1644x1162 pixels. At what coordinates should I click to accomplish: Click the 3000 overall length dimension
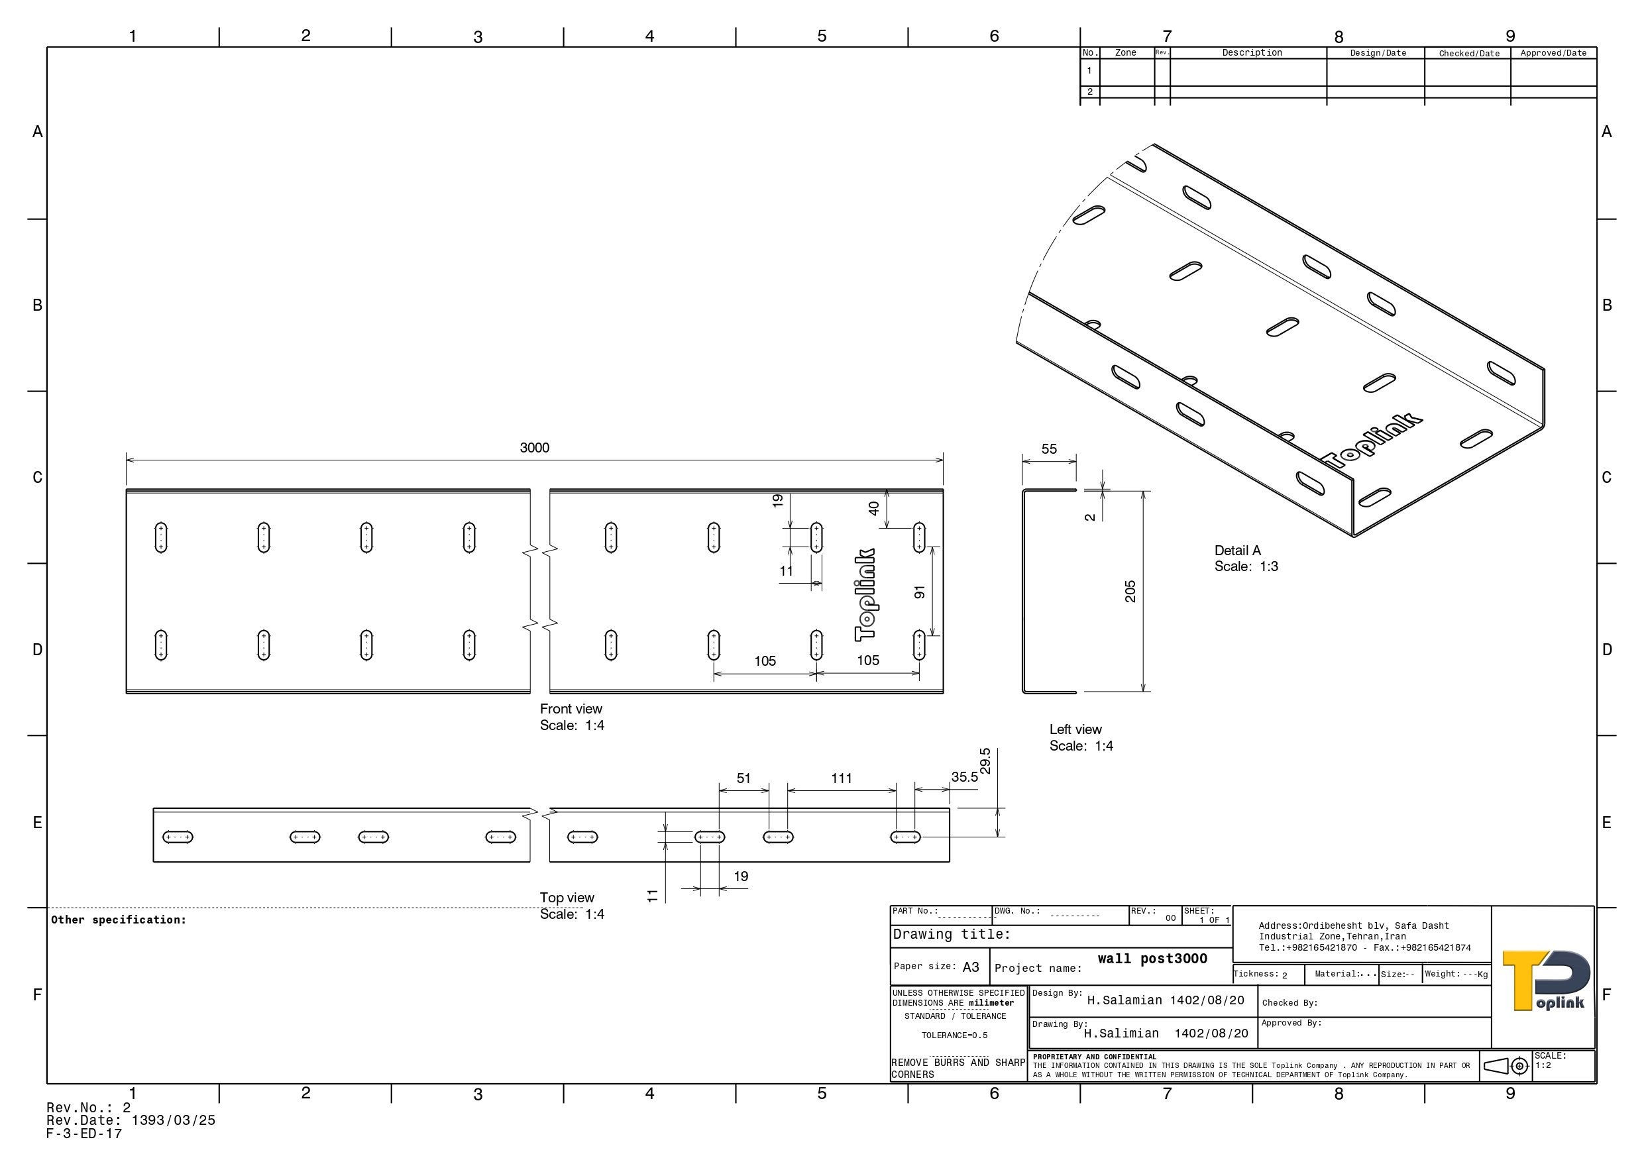coord(534,449)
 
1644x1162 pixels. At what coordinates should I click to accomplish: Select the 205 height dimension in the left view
coord(1130,592)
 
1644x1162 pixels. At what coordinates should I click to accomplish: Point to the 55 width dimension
coord(1049,449)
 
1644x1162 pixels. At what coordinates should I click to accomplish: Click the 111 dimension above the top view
coord(842,778)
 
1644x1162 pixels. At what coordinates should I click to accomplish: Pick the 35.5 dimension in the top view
coord(965,777)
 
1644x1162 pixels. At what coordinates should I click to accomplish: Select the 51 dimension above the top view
coord(744,778)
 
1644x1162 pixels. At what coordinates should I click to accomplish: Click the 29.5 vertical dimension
coord(985,761)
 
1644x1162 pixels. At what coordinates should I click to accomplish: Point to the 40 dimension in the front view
coord(873,508)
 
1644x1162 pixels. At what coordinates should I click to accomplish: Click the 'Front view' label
coord(571,709)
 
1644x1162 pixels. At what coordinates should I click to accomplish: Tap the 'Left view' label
coord(1075,729)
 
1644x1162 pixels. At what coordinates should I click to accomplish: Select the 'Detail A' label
coord(1237,551)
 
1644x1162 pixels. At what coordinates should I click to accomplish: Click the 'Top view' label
coord(567,898)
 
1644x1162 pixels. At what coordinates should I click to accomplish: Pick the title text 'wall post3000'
coord(1152,959)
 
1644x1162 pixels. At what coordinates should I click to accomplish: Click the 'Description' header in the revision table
coord(1252,53)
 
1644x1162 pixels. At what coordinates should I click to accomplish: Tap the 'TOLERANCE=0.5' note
coord(954,1035)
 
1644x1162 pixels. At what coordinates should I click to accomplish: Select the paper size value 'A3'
coord(970,967)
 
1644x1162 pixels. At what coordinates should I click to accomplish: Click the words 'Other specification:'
coord(118,920)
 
